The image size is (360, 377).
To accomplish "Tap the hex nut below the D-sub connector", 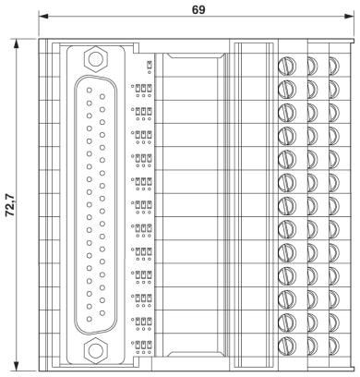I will tap(94, 349).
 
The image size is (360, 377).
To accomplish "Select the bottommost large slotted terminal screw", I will tap(287, 346).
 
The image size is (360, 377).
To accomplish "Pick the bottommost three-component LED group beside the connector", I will tap(141, 346).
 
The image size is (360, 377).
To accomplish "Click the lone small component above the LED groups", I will tap(149, 64).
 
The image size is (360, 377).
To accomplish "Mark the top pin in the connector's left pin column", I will tap(89, 103).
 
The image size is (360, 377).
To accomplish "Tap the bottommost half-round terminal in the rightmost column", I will tap(333, 346).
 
